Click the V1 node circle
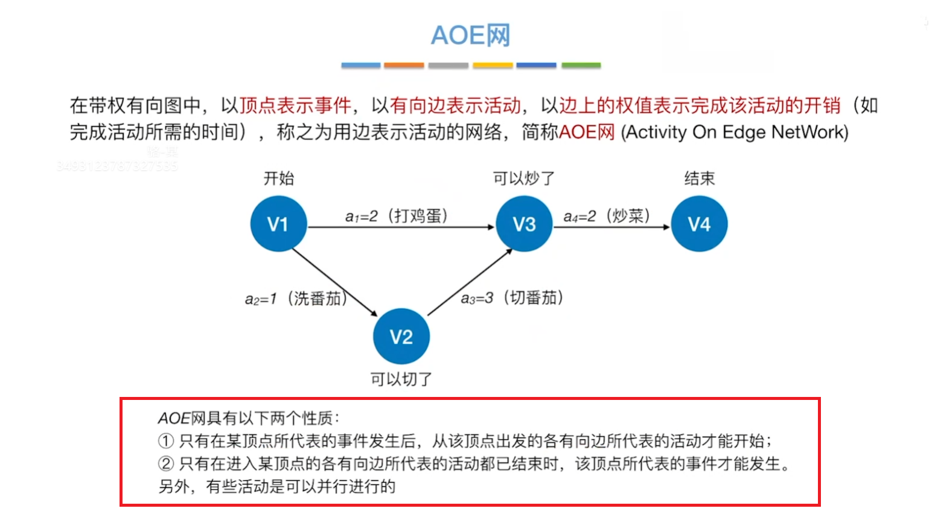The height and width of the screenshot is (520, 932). point(278,224)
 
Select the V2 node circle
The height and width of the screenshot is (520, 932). point(401,337)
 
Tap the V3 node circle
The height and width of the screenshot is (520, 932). point(524,224)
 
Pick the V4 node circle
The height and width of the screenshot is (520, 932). point(699,224)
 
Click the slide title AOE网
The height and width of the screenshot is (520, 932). point(470,35)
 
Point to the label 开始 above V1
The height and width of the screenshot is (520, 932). point(278,179)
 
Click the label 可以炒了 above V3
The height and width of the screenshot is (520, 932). point(523,179)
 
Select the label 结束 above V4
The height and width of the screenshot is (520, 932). point(699,179)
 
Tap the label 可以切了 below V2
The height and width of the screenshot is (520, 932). point(401,379)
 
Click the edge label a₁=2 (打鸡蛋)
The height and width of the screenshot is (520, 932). point(397,216)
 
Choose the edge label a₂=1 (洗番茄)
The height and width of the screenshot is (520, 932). point(296,299)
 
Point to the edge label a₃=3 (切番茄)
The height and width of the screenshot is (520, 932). point(512,297)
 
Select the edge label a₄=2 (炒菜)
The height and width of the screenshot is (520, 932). point(606,216)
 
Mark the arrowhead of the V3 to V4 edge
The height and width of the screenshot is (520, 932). point(666,227)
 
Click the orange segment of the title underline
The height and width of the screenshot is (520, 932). point(404,65)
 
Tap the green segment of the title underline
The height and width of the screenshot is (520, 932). point(581,65)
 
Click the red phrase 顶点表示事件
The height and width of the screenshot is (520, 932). point(295,106)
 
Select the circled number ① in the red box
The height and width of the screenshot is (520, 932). point(166,441)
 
